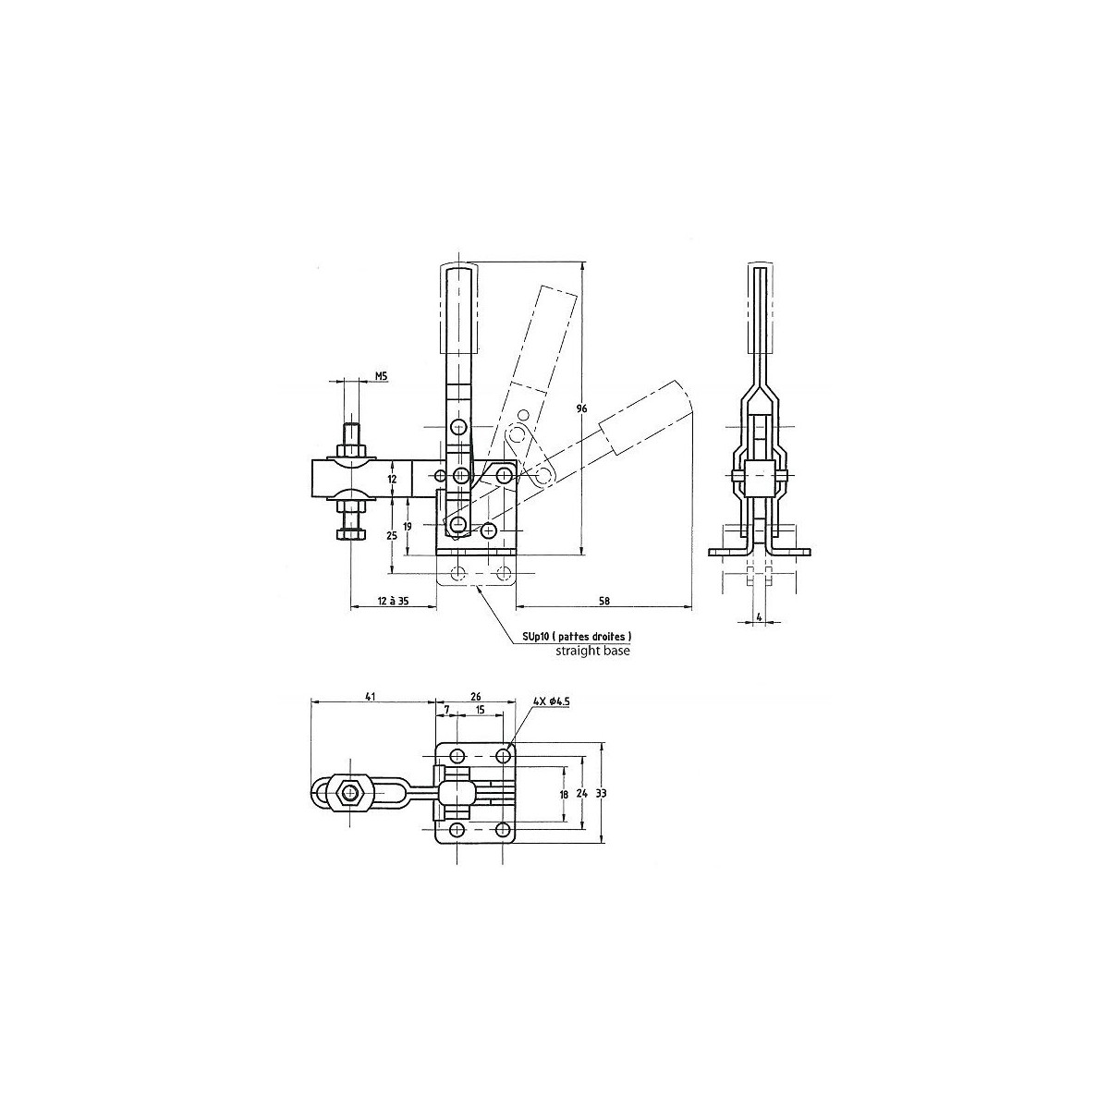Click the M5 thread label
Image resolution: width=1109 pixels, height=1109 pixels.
point(382,376)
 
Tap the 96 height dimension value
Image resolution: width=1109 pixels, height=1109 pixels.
point(581,408)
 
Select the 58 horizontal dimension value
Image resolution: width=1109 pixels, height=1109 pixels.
point(603,601)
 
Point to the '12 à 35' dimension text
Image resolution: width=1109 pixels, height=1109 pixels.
point(393,601)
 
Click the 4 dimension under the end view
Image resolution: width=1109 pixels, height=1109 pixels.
point(759,617)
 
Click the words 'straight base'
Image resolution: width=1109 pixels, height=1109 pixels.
point(592,651)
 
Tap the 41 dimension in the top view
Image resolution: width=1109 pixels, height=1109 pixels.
point(370,697)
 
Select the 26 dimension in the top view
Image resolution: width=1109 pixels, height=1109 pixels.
point(475,697)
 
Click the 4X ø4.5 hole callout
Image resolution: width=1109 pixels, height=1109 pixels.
point(552,701)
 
